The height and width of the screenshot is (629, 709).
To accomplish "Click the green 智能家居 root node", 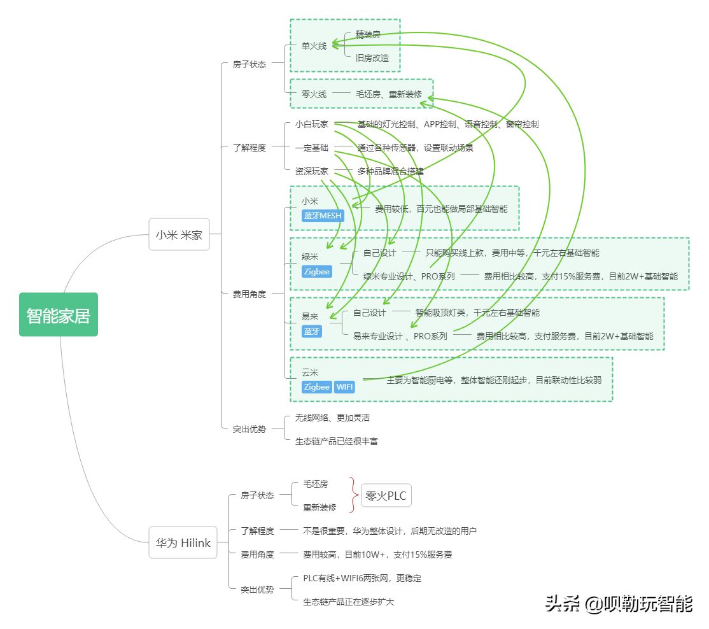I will pos(59,314).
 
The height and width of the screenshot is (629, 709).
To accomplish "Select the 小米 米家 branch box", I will pos(179,234).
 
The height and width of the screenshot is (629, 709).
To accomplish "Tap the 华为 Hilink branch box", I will pos(183,543).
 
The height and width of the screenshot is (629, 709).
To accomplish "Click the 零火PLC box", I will pos(386,495).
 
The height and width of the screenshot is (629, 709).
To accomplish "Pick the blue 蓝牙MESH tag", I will pos(322,216).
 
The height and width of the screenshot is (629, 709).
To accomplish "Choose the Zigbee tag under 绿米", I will pos(316,272).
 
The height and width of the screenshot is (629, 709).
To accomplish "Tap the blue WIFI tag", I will pos(344,387).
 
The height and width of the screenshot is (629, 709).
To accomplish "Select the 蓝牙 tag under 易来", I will pos(312,331).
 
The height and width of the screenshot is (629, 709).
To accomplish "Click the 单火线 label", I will pos(314,46).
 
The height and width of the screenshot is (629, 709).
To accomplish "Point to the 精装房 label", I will pos(368,34).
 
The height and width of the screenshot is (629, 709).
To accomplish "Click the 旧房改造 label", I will pos(372,58).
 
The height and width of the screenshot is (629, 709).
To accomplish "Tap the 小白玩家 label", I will pos(312,125).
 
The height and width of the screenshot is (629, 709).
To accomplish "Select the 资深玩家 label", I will pos(312,171).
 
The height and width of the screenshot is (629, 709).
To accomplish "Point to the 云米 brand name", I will pos(310,372).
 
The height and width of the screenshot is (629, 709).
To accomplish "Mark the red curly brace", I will pos(352,495).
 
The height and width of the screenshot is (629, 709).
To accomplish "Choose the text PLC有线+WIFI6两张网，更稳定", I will pos(362,579).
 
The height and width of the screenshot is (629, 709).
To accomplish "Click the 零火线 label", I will pos(314,94).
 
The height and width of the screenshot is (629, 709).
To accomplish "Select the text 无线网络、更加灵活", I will pos(332,418).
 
